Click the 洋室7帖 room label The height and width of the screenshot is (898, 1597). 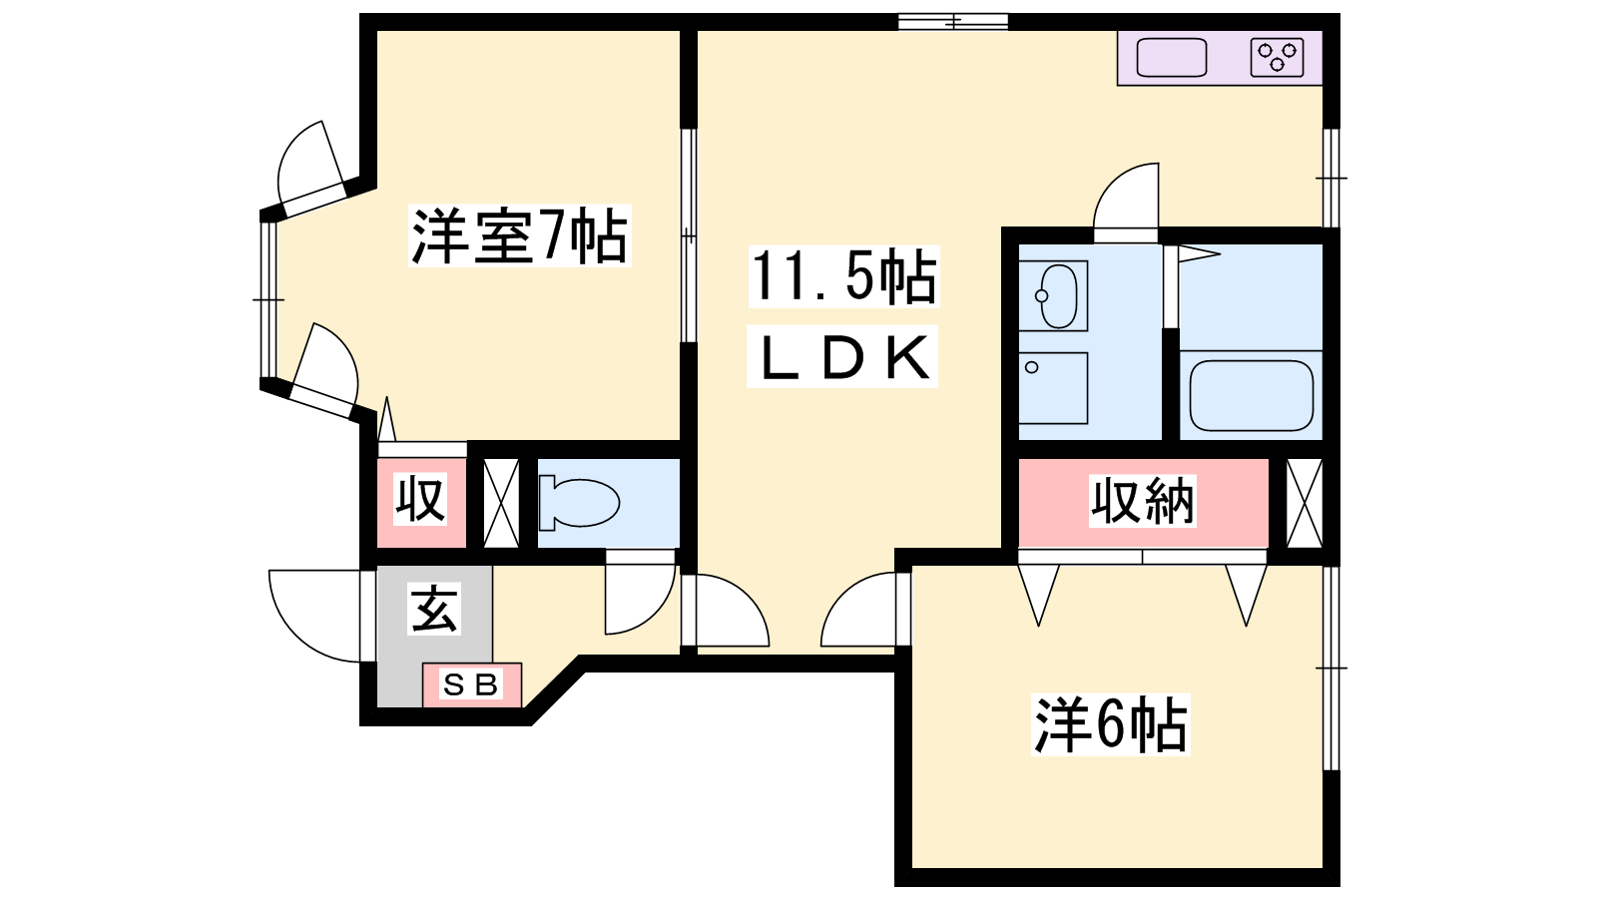(520, 235)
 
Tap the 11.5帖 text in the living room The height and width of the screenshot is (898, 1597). (843, 276)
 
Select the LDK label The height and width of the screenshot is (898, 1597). (843, 357)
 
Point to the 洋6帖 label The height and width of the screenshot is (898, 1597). (1110, 724)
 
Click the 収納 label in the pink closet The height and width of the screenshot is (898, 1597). (1142, 502)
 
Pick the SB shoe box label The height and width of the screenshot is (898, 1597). (470, 684)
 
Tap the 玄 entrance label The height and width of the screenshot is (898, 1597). (434, 610)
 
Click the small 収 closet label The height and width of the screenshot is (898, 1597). (421, 500)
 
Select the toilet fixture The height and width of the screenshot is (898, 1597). (579, 503)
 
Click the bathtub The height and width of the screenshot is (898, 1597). (1252, 395)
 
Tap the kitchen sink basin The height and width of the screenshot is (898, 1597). (1172, 58)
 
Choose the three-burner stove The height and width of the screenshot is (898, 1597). (1277, 58)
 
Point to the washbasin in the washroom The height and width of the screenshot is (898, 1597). (1053, 295)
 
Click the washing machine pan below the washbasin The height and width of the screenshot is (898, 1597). (1053, 388)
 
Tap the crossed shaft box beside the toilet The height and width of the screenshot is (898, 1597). (501, 504)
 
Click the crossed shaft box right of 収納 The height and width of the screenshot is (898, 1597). (1305, 504)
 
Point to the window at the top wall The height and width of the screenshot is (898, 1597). (953, 22)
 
